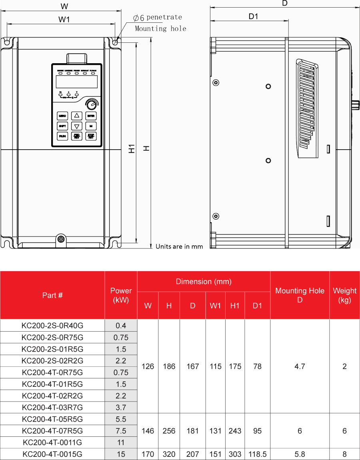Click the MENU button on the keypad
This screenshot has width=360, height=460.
click(62, 116)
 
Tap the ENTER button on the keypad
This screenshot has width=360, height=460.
click(91, 116)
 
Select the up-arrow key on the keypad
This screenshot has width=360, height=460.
click(77, 116)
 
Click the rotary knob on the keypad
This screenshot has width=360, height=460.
click(91, 104)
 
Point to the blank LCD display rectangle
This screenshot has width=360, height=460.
click(77, 82)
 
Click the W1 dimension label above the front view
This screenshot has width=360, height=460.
click(64, 19)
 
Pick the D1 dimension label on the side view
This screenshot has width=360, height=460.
click(254, 16)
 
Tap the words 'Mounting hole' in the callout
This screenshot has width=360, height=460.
click(160, 28)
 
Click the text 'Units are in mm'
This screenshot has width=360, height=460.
click(179, 246)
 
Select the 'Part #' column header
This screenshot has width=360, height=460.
click(52, 295)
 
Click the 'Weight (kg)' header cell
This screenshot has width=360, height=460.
click(344, 295)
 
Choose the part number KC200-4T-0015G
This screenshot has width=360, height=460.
click(52, 454)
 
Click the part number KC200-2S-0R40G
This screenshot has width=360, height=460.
click(52, 325)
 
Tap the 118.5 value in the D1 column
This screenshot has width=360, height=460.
click(257, 454)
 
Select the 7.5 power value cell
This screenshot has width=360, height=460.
click(121, 431)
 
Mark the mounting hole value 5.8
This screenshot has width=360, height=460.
click(300, 454)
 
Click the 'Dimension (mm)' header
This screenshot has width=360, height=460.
click(204, 282)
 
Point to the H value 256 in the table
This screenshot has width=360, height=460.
click(169, 431)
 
